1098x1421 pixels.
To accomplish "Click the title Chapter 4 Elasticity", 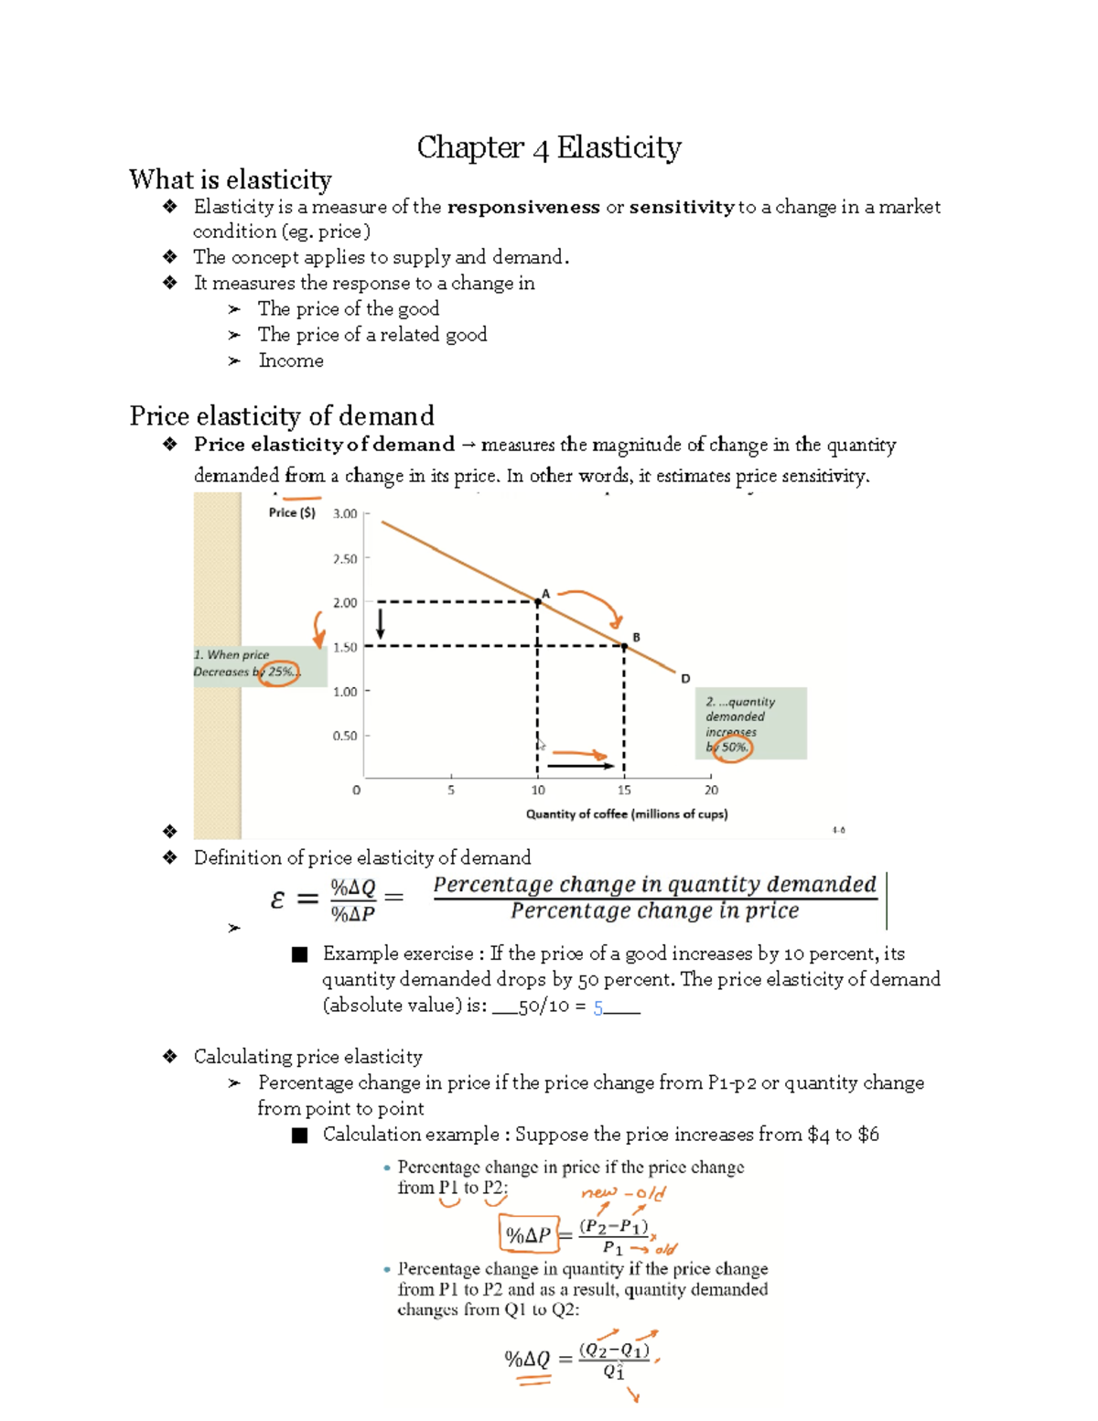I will [x=549, y=147].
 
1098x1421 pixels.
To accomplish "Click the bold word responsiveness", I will [x=523, y=207].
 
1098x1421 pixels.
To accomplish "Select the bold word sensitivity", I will [x=681, y=207].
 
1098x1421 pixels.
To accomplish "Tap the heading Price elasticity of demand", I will [x=282, y=416].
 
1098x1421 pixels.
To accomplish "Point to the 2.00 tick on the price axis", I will [x=345, y=603].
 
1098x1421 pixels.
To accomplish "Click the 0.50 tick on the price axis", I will [x=345, y=736].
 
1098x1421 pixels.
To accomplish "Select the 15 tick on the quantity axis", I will [x=624, y=790].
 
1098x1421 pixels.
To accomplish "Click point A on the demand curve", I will [x=538, y=601].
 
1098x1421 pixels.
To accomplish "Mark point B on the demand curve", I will [x=625, y=646].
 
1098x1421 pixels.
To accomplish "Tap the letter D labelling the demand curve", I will [x=685, y=678].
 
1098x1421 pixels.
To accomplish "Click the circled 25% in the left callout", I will [x=278, y=672].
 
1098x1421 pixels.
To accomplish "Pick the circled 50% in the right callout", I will [x=733, y=747].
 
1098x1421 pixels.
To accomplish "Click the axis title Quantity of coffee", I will [x=627, y=813].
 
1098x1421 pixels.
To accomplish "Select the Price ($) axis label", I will [x=292, y=512].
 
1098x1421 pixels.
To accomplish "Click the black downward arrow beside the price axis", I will [x=381, y=625].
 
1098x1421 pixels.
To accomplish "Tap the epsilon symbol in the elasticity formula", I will [x=278, y=899].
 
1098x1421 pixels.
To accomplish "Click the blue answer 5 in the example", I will [x=598, y=1007].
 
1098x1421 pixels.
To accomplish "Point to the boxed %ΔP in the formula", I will [x=528, y=1235].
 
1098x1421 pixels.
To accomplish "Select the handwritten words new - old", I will [x=623, y=1193].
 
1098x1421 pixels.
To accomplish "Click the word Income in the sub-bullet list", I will [x=291, y=361].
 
